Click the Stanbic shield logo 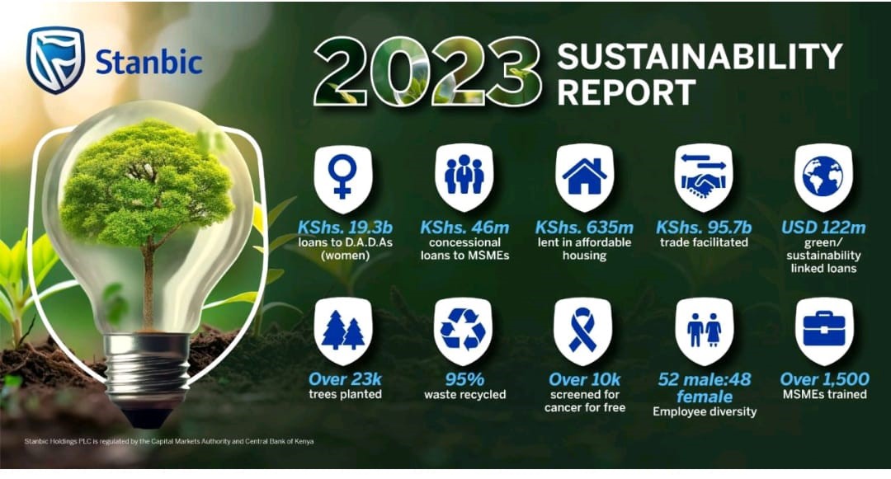click(x=55, y=59)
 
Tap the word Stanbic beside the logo click(x=148, y=62)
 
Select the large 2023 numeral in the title click(x=427, y=72)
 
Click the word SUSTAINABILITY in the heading click(x=700, y=56)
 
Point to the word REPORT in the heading click(x=626, y=92)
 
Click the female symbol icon click(x=342, y=176)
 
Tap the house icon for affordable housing click(x=584, y=176)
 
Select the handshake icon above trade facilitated click(x=704, y=176)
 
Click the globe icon click(x=823, y=176)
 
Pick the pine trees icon click(x=342, y=331)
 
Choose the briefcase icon click(x=824, y=330)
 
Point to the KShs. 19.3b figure click(x=345, y=228)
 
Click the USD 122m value click(x=823, y=228)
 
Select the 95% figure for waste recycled click(x=464, y=379)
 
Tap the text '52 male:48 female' click(x=704, y=387)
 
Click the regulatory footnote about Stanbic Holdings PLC click(x=169, y=441)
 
